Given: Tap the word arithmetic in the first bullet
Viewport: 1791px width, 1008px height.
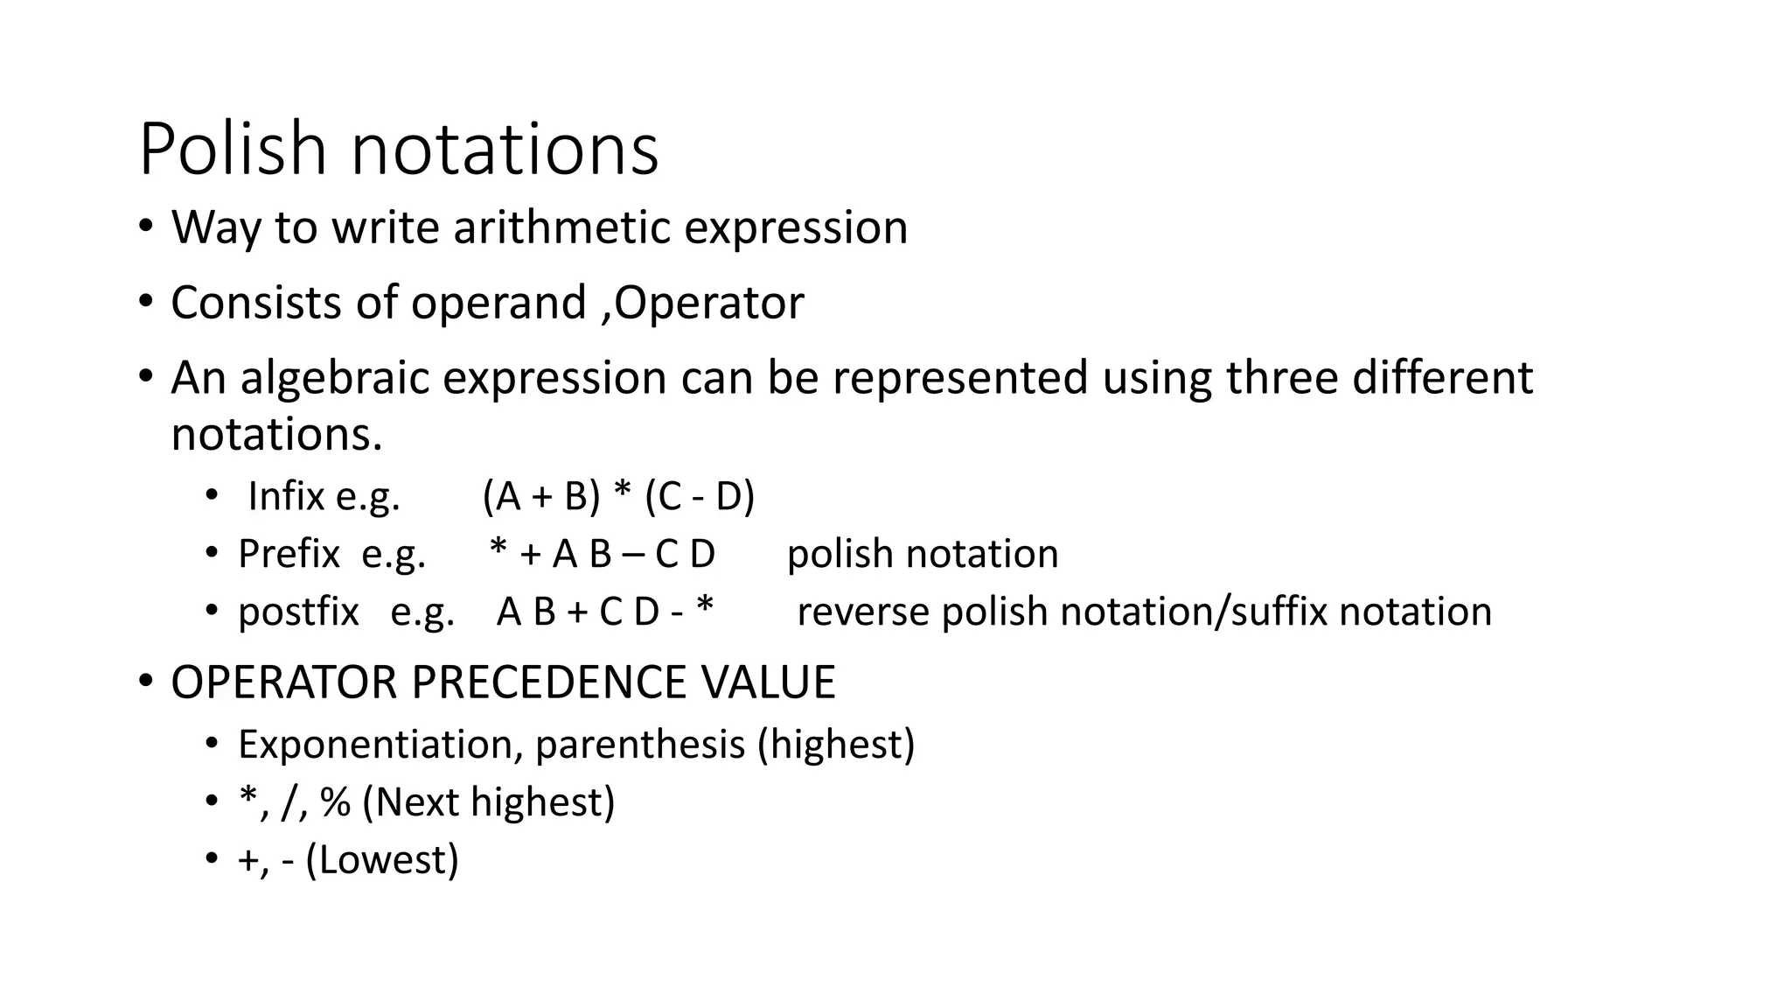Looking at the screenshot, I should (x=562, y=227).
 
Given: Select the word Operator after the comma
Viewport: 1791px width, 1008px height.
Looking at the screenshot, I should (x=709, y=303).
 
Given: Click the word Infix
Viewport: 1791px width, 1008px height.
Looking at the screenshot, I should (x=286, y=496).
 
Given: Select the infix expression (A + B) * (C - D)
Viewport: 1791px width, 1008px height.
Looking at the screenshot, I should (x=618, y=496).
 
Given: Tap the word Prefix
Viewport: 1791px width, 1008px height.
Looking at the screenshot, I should (x=289, y=554).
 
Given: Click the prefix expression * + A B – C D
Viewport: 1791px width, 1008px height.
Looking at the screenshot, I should (x=603, y=554).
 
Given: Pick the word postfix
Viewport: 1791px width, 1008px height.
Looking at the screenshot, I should (x=298, y=612).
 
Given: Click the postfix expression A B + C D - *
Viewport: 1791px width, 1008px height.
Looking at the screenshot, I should (x=605, y=612).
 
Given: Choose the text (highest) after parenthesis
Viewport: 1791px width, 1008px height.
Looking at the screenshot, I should (x=836, y=745).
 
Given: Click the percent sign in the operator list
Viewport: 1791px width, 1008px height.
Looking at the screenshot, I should (x=335, y=802).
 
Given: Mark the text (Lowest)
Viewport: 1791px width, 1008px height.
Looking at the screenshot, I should (x=382, y=860).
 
